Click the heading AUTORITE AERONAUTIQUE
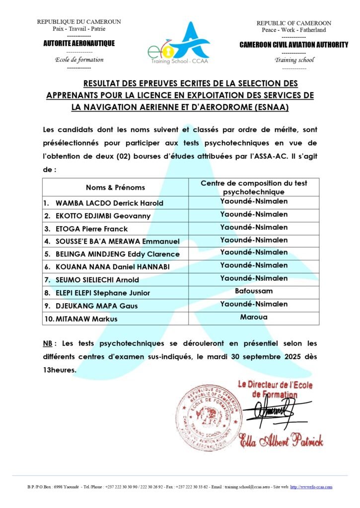tap(79, 43)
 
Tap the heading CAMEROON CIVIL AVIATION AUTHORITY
tap(293, 45)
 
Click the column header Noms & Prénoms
tap(115, 187)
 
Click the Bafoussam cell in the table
tap(254, 291)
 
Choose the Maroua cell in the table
tap(254, 317)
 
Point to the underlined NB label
tap(48, 343)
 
